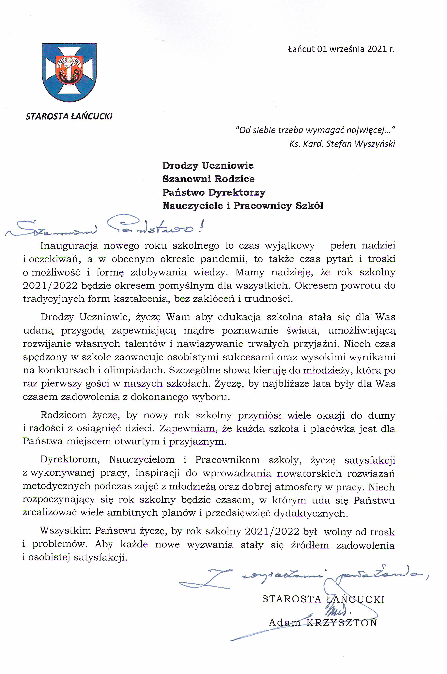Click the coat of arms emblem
[x=69, y=72]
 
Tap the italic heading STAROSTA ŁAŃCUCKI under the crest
[x=69, y=116]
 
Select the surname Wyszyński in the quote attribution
[x=375, y=144]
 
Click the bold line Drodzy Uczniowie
[x=208, y=166]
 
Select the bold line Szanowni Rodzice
[x=208, y=179]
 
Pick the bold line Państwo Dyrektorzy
[x=214, y=193]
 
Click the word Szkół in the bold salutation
[x=309, y=206]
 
